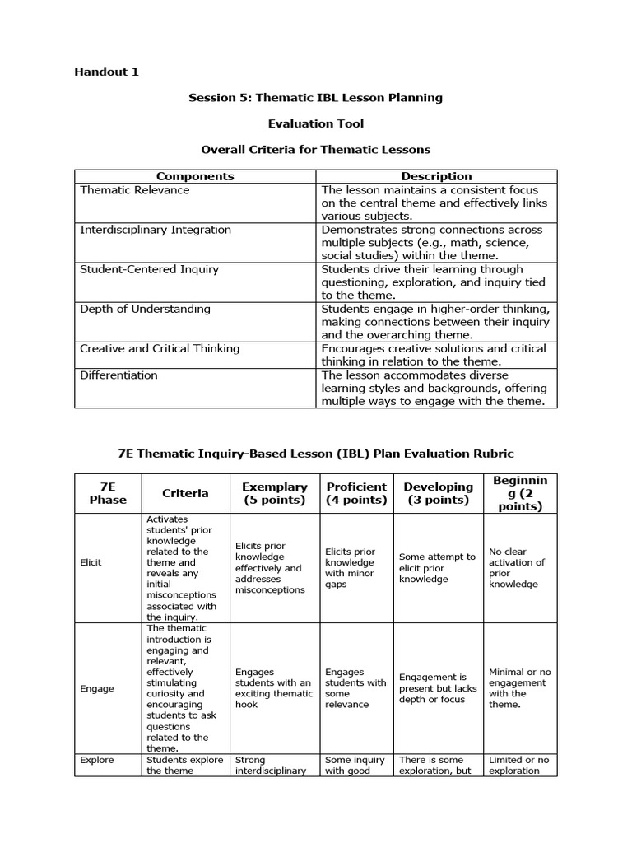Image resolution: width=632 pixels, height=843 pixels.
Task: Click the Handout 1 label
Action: coord(106,72)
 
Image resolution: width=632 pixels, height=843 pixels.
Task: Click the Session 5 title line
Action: coord(315,97)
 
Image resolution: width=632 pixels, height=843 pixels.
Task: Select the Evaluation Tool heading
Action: coord(315,123)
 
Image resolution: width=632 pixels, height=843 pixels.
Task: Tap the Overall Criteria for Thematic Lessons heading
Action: coord(315,150)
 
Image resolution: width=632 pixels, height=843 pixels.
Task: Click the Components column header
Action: coord(195,176)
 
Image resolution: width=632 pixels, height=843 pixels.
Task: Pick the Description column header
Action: coord(436,176)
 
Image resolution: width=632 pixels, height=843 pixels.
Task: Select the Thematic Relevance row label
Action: coord(134,190)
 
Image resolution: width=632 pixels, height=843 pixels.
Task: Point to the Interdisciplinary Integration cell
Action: coord(155,230)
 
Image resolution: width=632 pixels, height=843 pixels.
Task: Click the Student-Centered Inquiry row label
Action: coord(149,269)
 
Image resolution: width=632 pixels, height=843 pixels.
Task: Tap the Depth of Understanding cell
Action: coord(145,309)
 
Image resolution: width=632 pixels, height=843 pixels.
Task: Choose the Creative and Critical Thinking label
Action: coord(160,348)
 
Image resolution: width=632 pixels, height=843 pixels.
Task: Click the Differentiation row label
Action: coord(118,375)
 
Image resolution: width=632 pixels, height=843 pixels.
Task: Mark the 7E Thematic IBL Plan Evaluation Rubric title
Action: coord(315,454)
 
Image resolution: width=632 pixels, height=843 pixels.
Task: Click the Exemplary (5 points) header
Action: coord(275,493)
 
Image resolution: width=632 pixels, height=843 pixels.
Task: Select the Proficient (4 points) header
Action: coord(356,493)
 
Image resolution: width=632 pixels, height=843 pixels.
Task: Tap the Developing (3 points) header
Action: coord(438,493)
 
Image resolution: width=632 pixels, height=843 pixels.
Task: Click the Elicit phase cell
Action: coord(91,562)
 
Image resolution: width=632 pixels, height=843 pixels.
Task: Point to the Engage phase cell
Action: coord(97,688)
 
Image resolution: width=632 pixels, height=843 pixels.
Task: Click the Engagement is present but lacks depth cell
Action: coord(438,688)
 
